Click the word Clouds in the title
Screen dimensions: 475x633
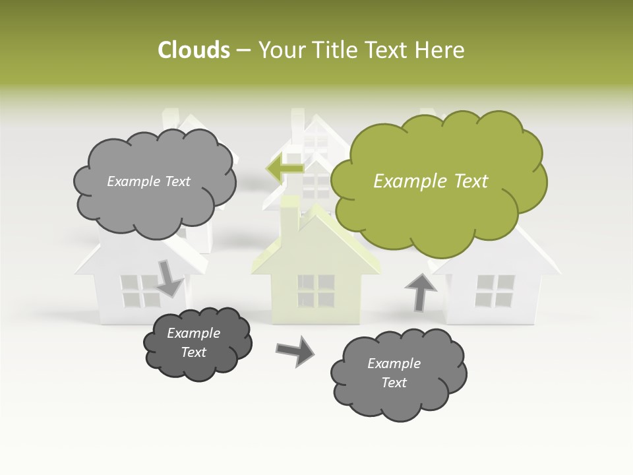pyautogui.click(x=194, y=50)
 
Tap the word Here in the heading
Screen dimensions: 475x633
pyautogui.click(x=442, y=50)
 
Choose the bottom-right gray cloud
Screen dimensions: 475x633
pyautogui.click(x=398, y=373)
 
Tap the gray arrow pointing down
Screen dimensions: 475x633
pyautogui.click(x=169, y=278)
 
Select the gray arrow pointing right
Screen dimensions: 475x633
pyautogui.click(x=295, y=350)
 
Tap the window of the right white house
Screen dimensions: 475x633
pyautogui.click(x=495, y=291)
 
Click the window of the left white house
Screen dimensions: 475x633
pyautogui.click(x=140, y=291)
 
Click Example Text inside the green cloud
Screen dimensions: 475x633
pyautogui.click(x=431, y=181)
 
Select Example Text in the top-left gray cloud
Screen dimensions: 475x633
pyautogui.click(x=148, y=181)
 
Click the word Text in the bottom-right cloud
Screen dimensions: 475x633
pyautogui.click(x=394, y=383)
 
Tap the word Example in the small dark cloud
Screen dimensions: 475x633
pyautogui.click(x=193, y=333)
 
